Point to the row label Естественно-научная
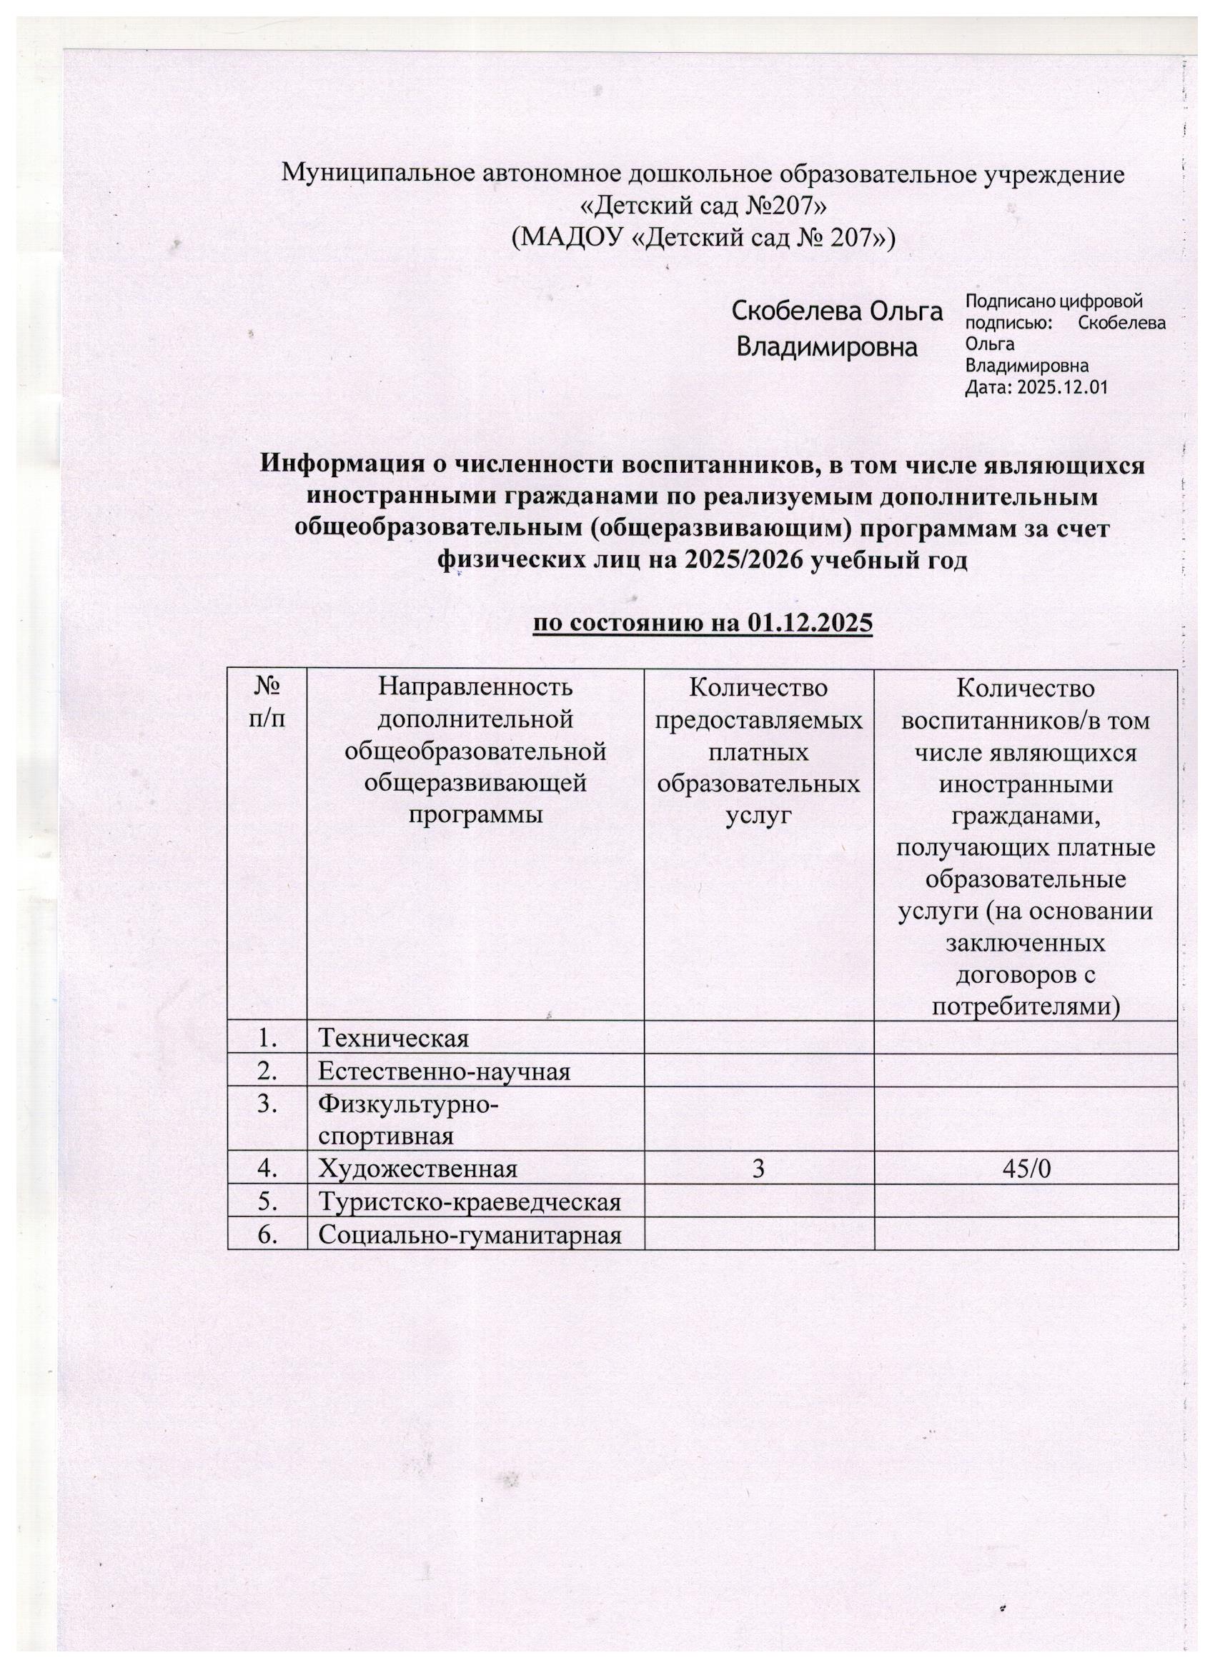pyautogui.click(x=444, y=1071)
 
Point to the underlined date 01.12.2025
pyautogui.click(x=809, y=624)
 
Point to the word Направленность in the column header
pyautogui.click(x=475, y=687)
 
